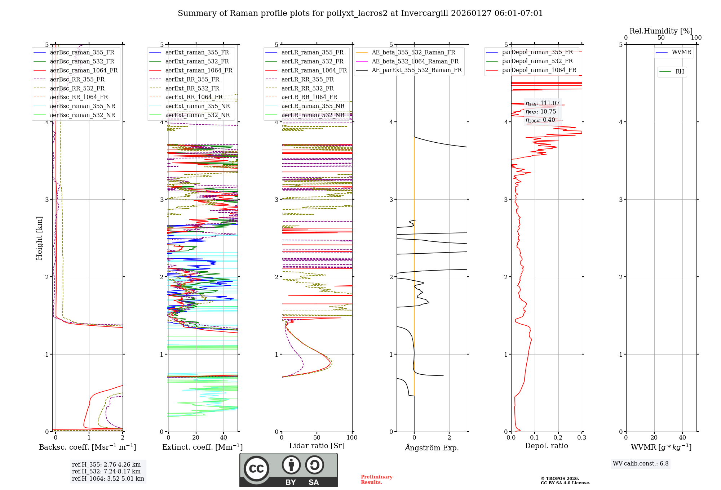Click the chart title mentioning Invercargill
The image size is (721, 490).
(x=360, y=13)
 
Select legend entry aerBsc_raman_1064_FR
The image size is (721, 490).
(x=84, y=71)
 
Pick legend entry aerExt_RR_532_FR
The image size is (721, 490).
(x=192, y=88)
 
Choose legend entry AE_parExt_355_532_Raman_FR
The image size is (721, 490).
(x=416, y=70)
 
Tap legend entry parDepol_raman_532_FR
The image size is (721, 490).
(x=537, y=61)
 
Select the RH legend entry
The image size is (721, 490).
(x=680, y=72)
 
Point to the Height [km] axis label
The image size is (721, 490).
(x=39, y=238)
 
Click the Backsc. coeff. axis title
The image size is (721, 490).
(x=88, y=447)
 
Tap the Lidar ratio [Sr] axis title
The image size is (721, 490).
(x=317, y=446)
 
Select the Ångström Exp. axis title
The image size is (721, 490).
(x=432, y=448)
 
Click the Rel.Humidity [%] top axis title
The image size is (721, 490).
(x=661, y=31)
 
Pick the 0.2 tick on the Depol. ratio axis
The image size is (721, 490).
(x=558, y=438)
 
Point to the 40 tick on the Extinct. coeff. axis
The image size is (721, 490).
(x=224, y=438)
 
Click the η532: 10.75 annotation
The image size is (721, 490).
(x=541, y=112)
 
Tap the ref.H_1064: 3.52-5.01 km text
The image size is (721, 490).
(x=108, y=479)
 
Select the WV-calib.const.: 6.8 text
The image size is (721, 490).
(x=641, y=464)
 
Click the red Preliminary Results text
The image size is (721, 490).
(x=376, y=480)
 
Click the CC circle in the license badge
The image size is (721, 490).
(x=256, y=469)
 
